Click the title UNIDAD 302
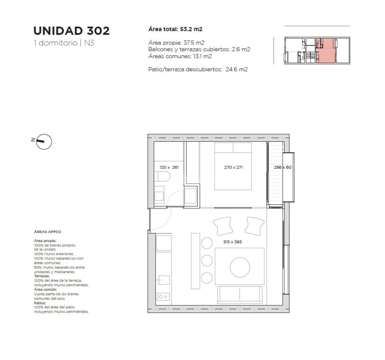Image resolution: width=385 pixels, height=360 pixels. point(71,31)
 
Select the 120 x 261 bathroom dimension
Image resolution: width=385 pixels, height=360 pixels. point(169,167)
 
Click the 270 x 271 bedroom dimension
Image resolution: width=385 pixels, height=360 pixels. point(233,167)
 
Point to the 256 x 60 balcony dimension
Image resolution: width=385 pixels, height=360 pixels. point(283,167)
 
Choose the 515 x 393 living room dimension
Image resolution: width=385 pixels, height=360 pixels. point(233,242)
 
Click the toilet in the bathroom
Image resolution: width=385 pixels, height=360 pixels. point(162,176)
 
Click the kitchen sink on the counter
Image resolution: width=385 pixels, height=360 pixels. point(164,280)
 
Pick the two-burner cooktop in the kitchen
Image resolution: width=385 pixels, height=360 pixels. point(163,297)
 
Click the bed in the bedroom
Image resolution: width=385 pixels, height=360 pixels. point(233,166)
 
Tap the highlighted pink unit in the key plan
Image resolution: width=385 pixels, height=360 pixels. point(326,51)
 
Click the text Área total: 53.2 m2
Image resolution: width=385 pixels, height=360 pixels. point(175,29)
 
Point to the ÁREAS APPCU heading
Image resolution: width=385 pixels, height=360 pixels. point(48,232)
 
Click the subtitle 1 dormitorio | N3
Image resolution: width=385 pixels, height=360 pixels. point(64,43)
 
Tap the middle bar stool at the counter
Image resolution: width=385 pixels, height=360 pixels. point(207,261)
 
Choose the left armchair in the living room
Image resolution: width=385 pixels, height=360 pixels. point(223,226)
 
